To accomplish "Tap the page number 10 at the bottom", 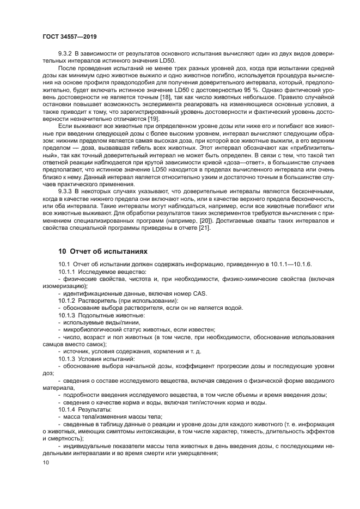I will coord(46,462).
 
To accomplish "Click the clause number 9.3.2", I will coord(66,52).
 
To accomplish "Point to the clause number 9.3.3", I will coord(66,191).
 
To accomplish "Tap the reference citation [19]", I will coord(138,118).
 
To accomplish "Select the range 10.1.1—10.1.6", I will coord(289,265).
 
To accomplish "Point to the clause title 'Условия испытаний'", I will coord(107,359).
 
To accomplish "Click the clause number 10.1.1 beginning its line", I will coord(68,272).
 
